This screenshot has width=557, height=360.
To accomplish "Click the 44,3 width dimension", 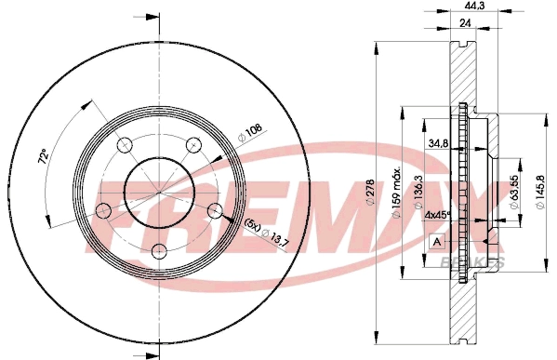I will (478, 7).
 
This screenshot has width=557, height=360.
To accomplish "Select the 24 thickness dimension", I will (462, 24).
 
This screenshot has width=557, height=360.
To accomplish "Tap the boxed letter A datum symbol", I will (436, 243).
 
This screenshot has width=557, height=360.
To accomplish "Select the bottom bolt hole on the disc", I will (159, 249).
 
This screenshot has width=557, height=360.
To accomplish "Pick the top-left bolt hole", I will (125, 145).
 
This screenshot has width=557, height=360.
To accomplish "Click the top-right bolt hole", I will (193, 144).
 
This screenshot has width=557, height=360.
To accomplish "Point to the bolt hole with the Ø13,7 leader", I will (214, 209).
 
